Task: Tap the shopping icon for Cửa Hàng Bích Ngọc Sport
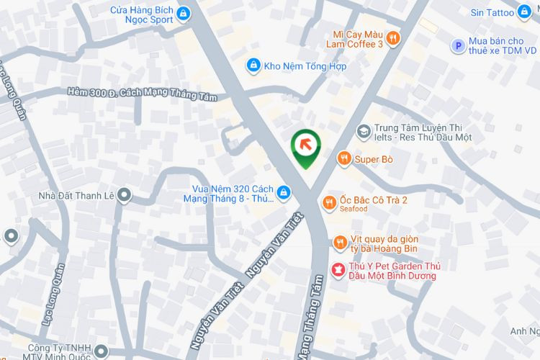point(184,13)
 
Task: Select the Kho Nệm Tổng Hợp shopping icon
point(253,66)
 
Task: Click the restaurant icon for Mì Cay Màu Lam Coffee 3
point(392,38)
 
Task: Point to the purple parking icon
point(456,46)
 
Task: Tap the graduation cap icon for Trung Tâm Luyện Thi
point(364,132)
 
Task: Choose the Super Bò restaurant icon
point(344,158)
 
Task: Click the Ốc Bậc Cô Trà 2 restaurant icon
point(329,203)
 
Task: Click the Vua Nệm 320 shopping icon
point(284,192)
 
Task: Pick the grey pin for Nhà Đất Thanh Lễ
point(124,194)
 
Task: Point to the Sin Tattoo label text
point(492,12)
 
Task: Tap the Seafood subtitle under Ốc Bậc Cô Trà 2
point(354,210)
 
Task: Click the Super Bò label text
point(374,158)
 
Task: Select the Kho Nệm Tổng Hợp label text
point(305,66)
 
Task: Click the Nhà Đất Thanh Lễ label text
point(77,194)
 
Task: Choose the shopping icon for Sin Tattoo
point(525,12)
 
